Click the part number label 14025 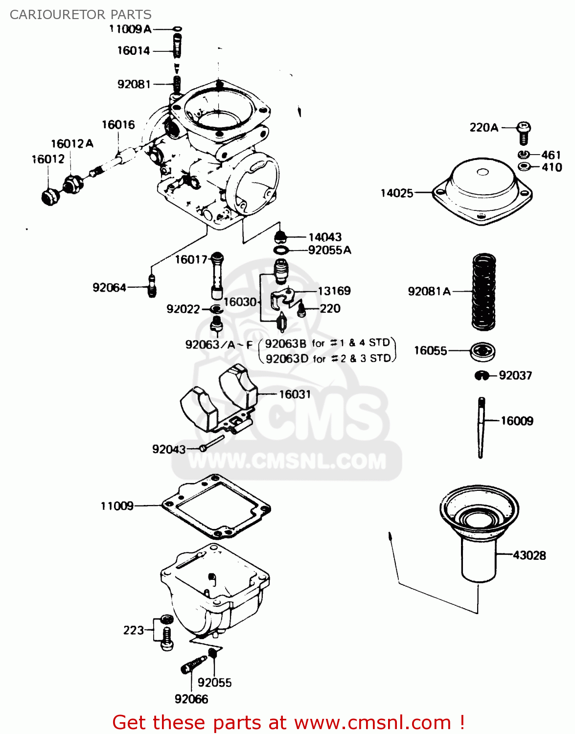tap(397, 193)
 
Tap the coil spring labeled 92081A tap(483, 292)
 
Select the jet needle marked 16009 tap(481, 427)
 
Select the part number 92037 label tap(515, 375)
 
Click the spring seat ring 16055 tap(483, 351)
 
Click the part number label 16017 tap(191, 259)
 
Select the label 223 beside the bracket tap(133, 630)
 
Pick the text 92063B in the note tap(285, 344)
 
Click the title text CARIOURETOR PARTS tap(81, 15)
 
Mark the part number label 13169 tap(334, 291)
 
